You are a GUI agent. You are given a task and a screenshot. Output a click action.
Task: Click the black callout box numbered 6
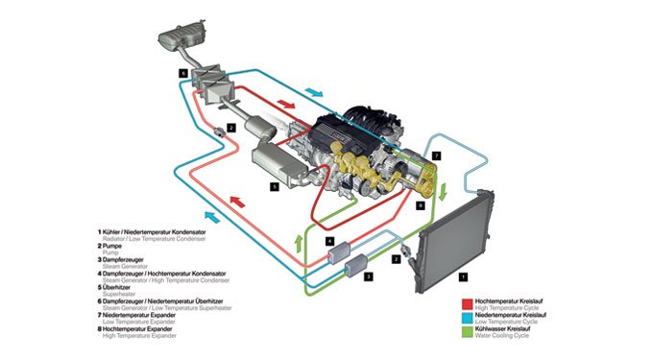click(x=181, y=72)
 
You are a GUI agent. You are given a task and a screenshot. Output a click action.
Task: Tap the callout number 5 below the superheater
click(x=274, y=187)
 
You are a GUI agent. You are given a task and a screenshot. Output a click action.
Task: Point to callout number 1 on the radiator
click(x=465, y=276)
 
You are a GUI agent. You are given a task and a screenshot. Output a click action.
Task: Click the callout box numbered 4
click(x=329, y=241)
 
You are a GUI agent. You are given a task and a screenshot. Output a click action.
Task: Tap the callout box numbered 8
click(x=420, y=204)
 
